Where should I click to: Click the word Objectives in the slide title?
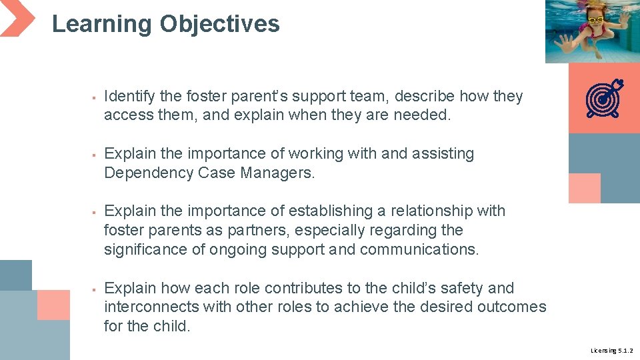click(x=219, y=24)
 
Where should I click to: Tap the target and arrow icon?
click(x=603, y=99)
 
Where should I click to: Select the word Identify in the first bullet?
click(x=130, y=97)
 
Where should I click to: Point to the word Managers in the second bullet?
click(x=279, y=173)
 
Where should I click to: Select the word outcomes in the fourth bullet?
click(x=511, y=307)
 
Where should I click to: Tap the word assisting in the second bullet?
click(x=443, y=154)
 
